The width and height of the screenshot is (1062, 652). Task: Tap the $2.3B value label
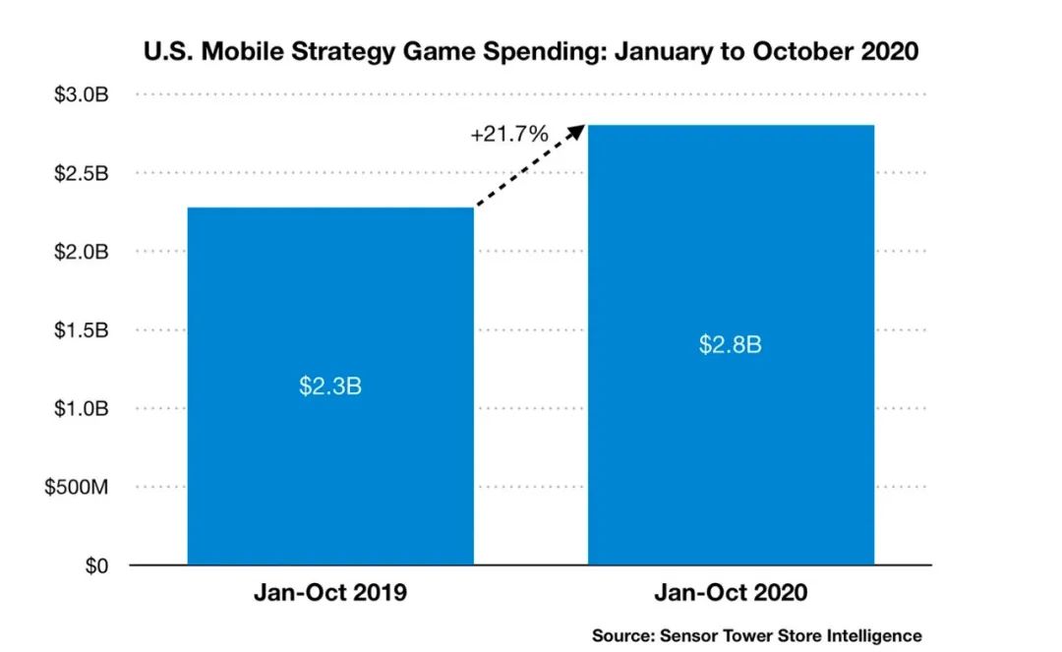330,385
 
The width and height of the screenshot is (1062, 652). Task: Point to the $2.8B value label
731,345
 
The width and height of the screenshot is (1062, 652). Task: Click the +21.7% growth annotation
509,134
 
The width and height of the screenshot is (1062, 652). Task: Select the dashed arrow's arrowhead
578,128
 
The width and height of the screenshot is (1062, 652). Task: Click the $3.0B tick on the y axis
81,95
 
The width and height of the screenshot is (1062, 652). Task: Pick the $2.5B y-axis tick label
81,173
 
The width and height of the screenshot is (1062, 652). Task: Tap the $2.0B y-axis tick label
81,252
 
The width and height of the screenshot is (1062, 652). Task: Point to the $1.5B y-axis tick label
81,329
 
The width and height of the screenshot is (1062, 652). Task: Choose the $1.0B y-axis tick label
81,408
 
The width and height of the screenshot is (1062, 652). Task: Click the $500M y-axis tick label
77,487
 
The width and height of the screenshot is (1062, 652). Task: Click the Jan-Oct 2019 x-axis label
330,593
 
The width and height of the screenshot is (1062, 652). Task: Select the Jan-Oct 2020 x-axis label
731,593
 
